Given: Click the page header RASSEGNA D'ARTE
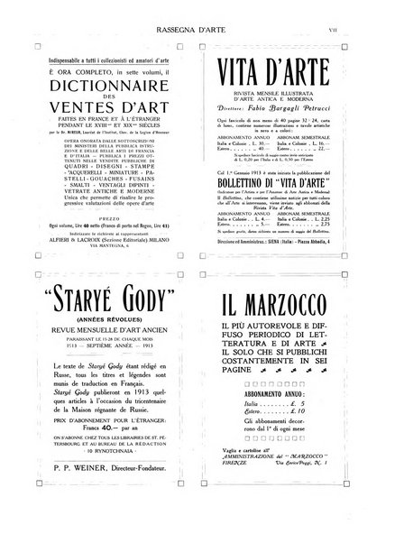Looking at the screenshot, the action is point(198,14).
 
